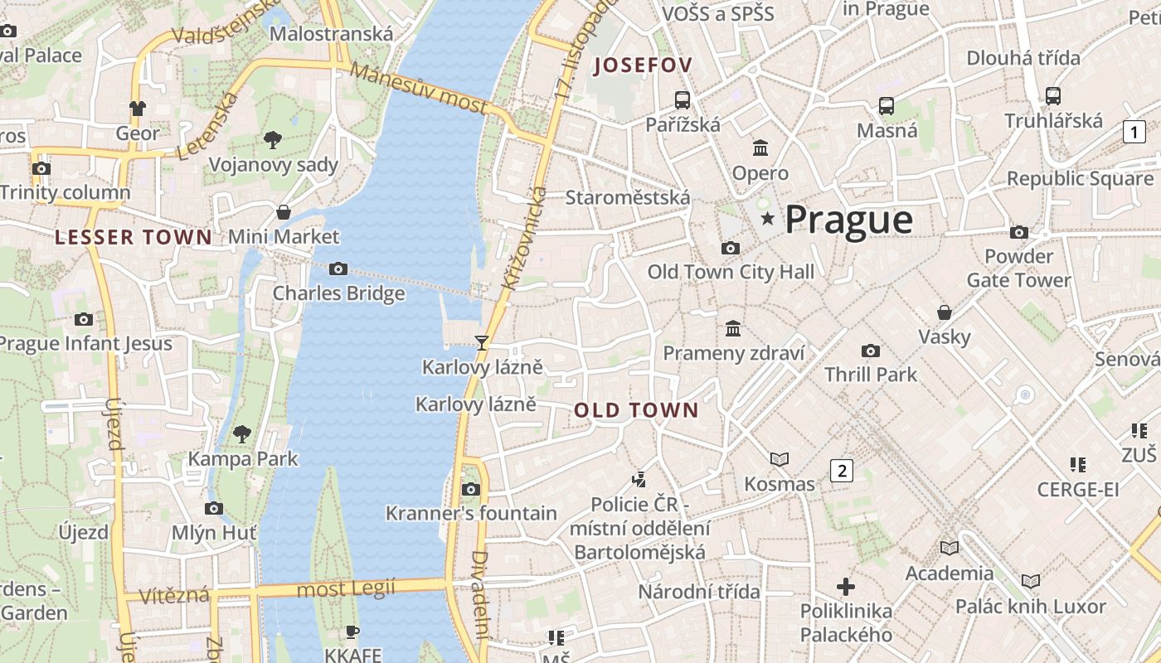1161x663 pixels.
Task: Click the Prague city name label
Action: (848, 220)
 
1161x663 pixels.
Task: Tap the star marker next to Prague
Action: (769, 219)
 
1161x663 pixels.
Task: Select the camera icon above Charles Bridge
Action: (338, 269)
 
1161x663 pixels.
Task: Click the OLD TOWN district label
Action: (636, 410)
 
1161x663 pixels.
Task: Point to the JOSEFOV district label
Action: (643, 65)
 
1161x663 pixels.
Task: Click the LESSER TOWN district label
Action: (134, 238)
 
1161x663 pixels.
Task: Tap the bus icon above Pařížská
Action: (683, 100)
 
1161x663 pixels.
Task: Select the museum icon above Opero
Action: (760, 148)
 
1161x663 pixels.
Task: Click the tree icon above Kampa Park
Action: (241, 433)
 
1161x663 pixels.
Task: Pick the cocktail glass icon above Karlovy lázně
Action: (481, 342)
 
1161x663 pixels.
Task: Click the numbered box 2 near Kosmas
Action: (842, 471)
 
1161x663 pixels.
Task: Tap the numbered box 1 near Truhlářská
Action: (1134, 131)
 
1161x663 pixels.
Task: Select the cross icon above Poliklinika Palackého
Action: (845, 587)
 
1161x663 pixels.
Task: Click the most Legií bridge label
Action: (346, 589)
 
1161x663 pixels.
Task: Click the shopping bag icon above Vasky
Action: (944, 312)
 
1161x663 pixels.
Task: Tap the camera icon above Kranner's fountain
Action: (470, 489)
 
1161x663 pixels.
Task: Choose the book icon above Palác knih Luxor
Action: (1030, 582)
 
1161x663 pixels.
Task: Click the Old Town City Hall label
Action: (731, 272)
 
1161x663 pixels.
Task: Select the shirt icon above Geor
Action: (137, 108)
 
